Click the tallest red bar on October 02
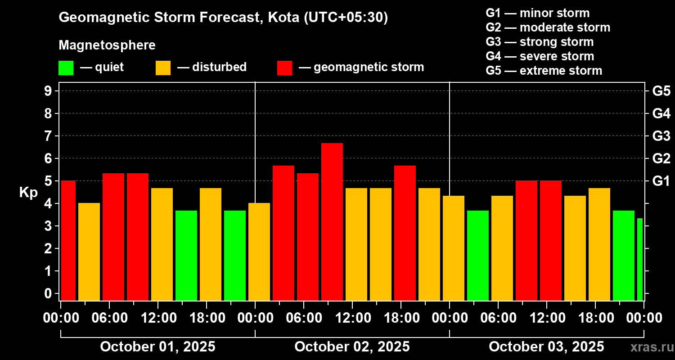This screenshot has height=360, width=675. pos(332,221)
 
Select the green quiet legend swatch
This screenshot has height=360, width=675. pos(66,68)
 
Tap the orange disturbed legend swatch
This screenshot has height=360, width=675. pos(163,68)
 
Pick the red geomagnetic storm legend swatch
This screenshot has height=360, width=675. pos(284,68)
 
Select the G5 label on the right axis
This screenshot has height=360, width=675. pos(661,91)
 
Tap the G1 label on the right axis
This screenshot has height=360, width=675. pos(661,181)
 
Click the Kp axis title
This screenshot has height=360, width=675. pos(28,193)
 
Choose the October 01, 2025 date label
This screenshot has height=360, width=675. pos(157,347)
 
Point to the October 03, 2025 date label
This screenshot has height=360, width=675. pos(546,347)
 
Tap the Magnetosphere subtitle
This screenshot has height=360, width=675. pos(107,45)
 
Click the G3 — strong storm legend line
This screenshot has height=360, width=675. pos(540,42)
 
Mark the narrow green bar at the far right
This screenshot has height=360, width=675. pos(639,259)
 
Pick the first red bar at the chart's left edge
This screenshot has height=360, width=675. pos(68,240)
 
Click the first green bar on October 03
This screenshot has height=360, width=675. pos(478,255)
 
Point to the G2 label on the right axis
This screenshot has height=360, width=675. pos(661,159)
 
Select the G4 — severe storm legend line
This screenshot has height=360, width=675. pos(540,56)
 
